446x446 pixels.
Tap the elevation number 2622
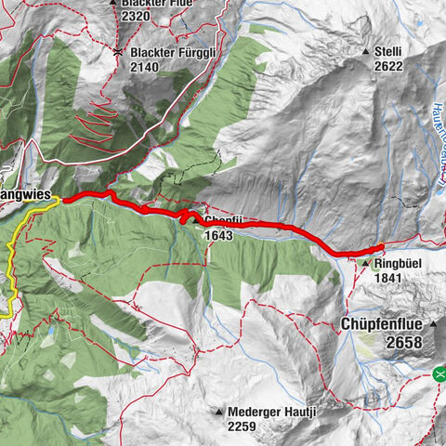coord(387,66)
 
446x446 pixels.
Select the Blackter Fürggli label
coord(173,53)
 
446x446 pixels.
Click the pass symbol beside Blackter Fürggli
coord(118,53)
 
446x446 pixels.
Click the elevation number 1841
coord(392,279)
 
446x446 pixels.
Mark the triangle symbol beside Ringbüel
coord(364,263)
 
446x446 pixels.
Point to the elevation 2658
coord(405,343)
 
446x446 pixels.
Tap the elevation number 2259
coord(243,426)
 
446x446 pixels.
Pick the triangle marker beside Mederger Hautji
coord(219,411)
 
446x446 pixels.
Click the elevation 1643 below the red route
coord(220,236)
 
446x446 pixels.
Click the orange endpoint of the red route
coord(380,247)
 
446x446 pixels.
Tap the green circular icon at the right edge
coord(439,374)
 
